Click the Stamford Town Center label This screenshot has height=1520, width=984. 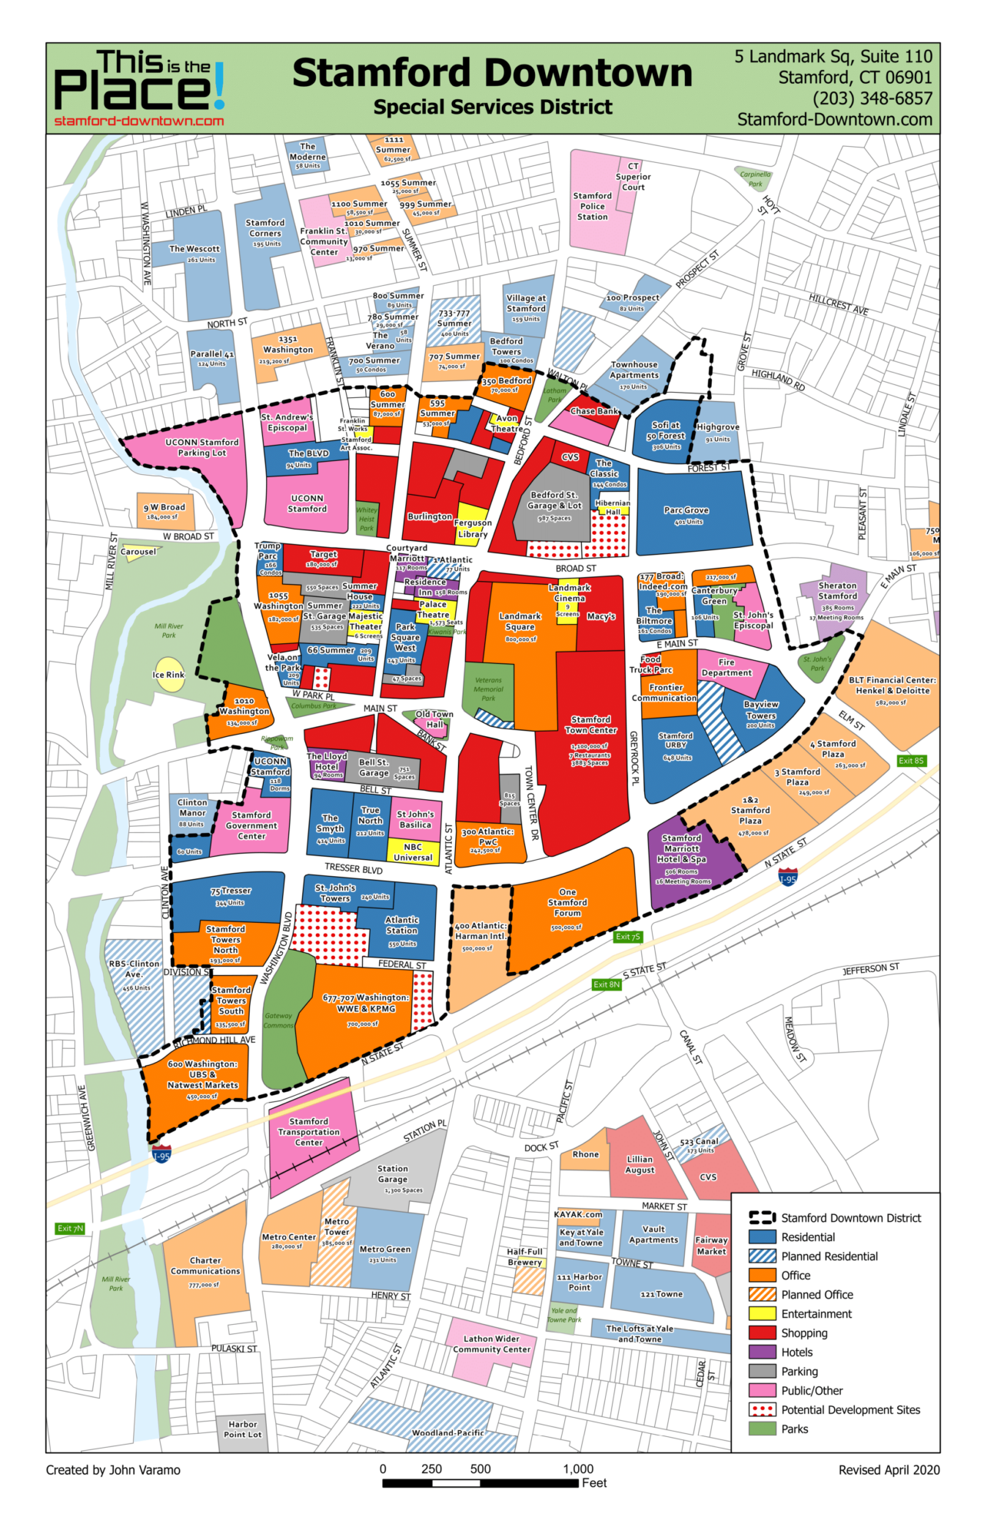click(x=590, y=725)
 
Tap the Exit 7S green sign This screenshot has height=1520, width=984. click(x=628, y=937)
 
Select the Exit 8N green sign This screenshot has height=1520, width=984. click(x=606, y=984)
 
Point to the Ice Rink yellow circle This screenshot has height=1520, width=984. click(x=169, y=674)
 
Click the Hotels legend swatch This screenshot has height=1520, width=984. click(x=762, y=1352)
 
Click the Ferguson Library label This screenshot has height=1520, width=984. click(x=472, y=528)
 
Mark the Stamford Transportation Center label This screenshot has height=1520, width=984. click(x=308, y=1132)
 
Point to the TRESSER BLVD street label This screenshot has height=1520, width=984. click(x=353, y=868)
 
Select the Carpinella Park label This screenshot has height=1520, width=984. click(x=755, y=179)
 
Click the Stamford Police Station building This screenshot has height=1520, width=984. click(x=593, y=206)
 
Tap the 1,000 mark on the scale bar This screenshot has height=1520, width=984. click(x=578, y=1469)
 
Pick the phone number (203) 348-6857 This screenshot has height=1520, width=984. click(x=872, y=98)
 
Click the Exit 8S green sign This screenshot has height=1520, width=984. click(x=912, y=761)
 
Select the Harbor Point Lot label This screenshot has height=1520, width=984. click(x=242, y=1429)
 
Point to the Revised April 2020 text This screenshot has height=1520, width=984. click(x=889, y=1469)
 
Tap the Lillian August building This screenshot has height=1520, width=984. click(x=640, y=1164)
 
